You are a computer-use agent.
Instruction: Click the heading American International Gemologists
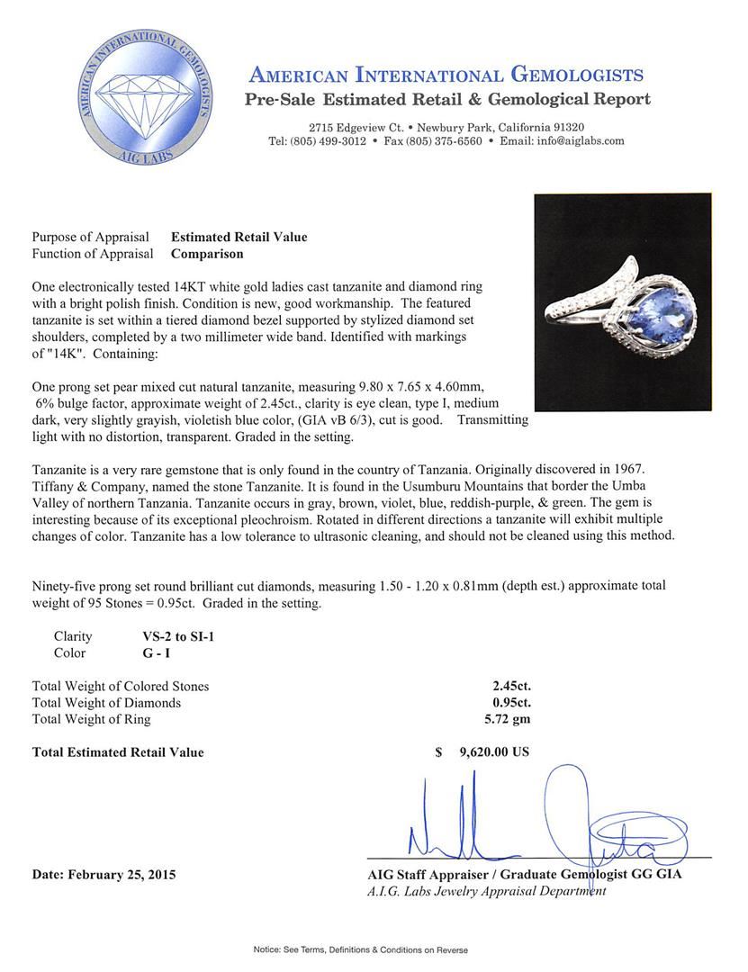tap(446, 75)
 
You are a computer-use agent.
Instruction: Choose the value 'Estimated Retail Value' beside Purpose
tap(239, 238)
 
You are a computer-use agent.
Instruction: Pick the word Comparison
tap(207, 254)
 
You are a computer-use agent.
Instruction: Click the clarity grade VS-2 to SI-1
tap(172, 635)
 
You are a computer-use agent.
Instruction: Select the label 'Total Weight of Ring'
tap(91, 719)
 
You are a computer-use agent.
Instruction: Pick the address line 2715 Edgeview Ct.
tap(355, 128)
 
